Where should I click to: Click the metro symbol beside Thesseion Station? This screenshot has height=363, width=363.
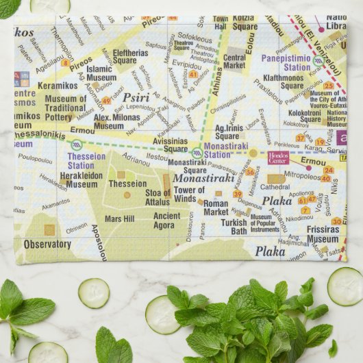click(x=77, y=145)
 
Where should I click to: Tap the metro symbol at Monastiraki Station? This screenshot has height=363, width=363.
click(x=197, y=152)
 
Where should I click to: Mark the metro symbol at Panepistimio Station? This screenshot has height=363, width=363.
click(x=318, y=60)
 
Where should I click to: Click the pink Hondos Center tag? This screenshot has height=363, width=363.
click(x=278, y=158)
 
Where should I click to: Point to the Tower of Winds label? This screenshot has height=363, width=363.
click(x=189, y=195)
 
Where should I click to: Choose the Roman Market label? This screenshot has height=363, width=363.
click(x=216, y=208)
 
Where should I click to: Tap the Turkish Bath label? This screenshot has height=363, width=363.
click(x=234, y=227)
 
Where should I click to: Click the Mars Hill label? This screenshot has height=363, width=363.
click(x=119, y=219)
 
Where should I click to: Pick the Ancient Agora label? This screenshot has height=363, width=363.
click(x=167, y=221)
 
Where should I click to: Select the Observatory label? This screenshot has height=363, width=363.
click(x=47, y=244)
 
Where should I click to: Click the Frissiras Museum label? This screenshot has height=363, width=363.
click(x=322, y=234)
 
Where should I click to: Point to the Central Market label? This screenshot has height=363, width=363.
click(x=235, y=62)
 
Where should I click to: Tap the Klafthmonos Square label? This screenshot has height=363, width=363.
click(x=283, y=82)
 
